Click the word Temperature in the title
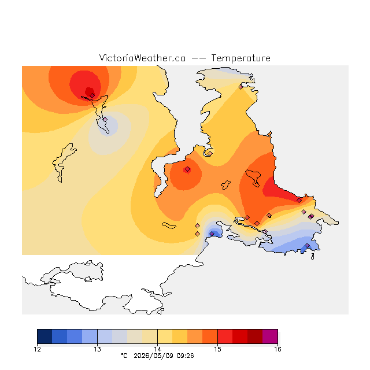click(240, 58)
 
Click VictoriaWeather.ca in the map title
click(142, 58)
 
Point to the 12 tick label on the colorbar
click(37, 349)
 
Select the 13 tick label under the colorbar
click(97, 349)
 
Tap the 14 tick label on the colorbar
click(157, 349)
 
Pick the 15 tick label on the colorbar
click(217, 349)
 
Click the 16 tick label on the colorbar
click(277, 349)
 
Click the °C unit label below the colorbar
click(124, 356)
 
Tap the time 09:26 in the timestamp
click(185, 356)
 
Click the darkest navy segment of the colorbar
click(45, 336)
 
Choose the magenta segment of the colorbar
click(270, 336)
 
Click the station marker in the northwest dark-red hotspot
click(92, 95)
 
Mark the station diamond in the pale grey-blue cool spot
click(105, 120)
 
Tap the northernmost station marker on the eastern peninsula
click(240, 87)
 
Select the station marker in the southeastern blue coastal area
click(307, 245)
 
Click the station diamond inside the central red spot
click(187, 169)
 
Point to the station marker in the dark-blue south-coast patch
click(212, 234)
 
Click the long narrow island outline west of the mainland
click(63, 163)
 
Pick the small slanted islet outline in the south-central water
click(169, 225)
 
